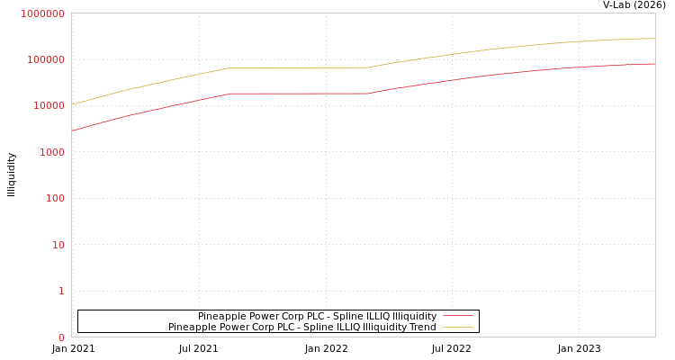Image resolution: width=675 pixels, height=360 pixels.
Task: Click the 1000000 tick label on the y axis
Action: [42, 13]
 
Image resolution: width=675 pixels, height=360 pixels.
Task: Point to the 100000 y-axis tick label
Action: [45, 59]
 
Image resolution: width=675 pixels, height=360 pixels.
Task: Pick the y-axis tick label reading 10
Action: [58, 245]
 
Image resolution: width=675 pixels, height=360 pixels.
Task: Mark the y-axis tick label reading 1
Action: [61, 291]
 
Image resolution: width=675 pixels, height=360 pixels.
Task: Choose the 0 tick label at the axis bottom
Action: [61, 337]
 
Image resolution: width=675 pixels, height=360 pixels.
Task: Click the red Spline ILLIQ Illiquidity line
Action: [297, 94]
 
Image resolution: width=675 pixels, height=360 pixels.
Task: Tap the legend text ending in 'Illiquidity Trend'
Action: [301, 327]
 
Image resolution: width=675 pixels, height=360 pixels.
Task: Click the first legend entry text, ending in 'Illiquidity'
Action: [317, 316]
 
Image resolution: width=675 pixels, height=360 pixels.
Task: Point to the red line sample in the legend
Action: [457, 316]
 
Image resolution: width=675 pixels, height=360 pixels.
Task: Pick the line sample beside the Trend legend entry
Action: [457, 327]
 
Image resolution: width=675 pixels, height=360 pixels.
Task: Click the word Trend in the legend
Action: [421, 327]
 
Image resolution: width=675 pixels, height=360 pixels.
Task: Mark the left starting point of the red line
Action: [72, 130]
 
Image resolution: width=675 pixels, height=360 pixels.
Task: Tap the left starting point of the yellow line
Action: [72, 104]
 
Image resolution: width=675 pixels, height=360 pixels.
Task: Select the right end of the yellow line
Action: [654, 39]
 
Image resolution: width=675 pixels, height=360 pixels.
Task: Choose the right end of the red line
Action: [654, 64]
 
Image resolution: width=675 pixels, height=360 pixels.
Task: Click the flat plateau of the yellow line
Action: [297, 67]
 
